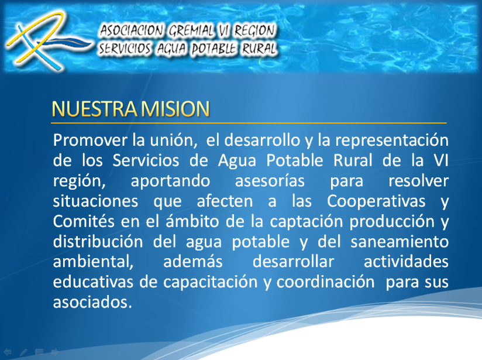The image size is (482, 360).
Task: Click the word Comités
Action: (x=82, y=221)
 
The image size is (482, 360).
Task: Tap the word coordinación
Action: (x=325, y=282)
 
